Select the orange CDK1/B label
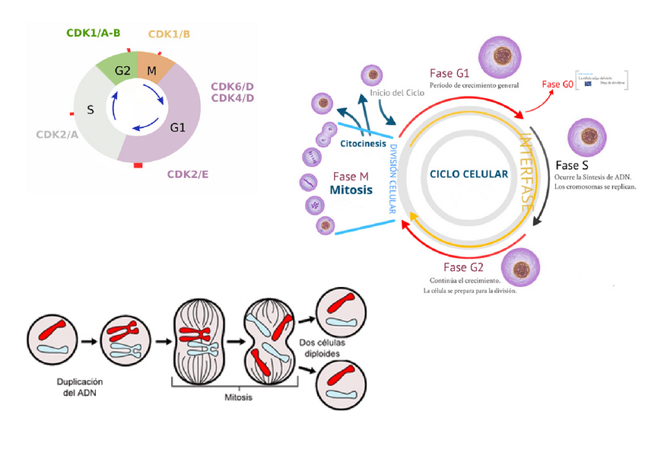[x=169, y=34]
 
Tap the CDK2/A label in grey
[x=57, y=135]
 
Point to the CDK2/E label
[x=188, y=174]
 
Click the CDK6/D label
[x=233, y=86]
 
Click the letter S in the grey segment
[x=91, y=110]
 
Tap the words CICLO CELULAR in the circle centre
[x=469, y=174]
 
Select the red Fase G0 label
[x=557, y=85]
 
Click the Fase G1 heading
[x=450, y=73]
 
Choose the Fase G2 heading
[x=463, y=267]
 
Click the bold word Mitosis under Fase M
[x=351, y=190]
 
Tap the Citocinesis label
[x=361, y=142]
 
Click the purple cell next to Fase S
[x=586, y=136]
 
